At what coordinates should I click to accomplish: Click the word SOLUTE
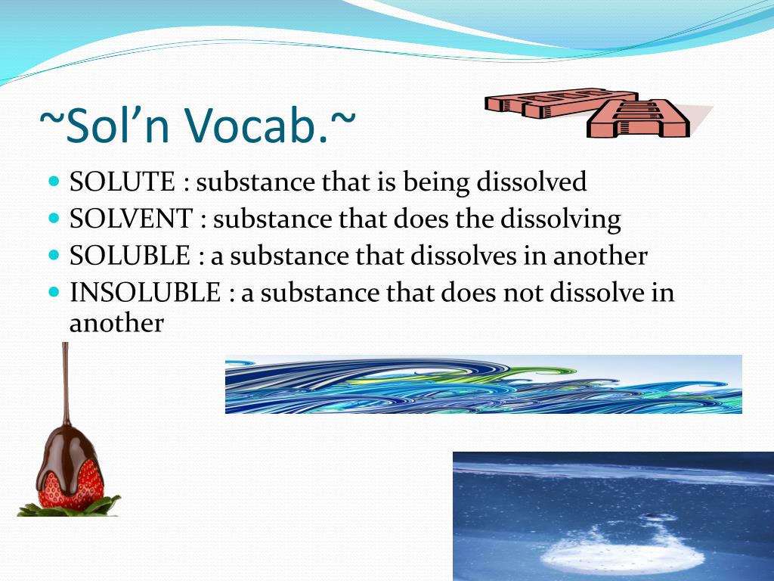click(122, 182)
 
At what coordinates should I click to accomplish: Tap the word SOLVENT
click(131, 219)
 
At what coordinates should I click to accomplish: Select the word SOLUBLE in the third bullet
click(130, 256)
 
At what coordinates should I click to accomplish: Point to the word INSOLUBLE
click(145, 292)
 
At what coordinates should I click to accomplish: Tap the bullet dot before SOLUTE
click(54, 181)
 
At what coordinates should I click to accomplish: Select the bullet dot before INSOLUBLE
click(54, 291)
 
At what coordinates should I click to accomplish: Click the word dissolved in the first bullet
click(531, 182)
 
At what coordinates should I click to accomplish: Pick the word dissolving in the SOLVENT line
click(561, 219)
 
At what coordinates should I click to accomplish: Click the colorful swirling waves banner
click(484, 384)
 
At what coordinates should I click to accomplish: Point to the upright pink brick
click(638, 119)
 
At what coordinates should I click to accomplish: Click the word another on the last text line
click(116, 324)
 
